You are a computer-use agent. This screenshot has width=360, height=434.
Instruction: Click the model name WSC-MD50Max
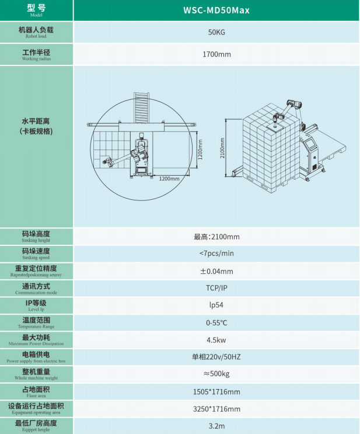tap(216, 11)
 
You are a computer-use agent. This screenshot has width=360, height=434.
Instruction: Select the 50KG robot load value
tap(216, 32)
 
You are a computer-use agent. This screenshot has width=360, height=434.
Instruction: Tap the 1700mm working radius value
tap(216, 54)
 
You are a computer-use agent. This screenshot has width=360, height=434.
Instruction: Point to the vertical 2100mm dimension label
tap(222, 148)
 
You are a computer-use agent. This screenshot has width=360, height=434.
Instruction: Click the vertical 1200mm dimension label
tap(200, 150)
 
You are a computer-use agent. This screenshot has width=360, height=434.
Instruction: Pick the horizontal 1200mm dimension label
tap(169, 179)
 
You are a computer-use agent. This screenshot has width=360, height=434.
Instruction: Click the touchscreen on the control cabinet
tap(310, 144)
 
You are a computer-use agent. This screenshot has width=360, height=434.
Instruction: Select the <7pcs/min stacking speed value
tap(216, 254)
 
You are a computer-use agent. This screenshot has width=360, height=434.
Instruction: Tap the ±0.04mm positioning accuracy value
tap(216, 271)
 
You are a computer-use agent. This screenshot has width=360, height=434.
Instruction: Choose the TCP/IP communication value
tap(216, 288)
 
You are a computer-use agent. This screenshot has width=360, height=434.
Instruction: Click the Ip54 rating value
tap(216, 305)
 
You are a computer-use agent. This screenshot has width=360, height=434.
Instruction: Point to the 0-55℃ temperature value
tap(216, 323)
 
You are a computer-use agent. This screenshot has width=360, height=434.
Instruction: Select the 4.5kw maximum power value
tap(216, 340)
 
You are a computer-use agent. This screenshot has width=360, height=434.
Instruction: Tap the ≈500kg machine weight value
tap(216, 374)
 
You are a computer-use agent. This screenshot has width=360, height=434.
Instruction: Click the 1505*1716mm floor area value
tap(216, 392)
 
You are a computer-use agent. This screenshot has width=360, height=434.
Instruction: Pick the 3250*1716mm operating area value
tap(216, 409)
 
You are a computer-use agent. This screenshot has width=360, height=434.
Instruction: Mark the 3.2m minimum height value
tap(216, 426)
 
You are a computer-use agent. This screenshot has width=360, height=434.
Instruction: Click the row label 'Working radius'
tap(36, 58)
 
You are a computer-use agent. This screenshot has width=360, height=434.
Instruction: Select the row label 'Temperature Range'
tap(36, 327)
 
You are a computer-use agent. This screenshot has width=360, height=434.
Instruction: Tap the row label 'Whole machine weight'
tap(36, 378)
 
